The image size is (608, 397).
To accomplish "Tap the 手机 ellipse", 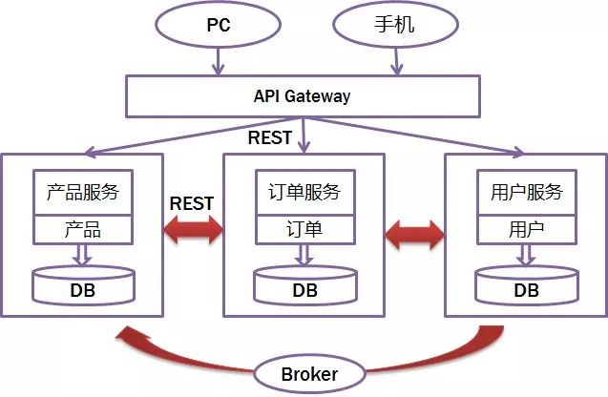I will click(x=390, y=25).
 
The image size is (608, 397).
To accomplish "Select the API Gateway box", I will click(x=303, y=95).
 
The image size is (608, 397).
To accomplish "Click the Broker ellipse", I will click(x=309, y=373).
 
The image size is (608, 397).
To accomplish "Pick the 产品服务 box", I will click(x=83, y=193).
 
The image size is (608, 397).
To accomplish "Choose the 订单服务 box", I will click(x=304, y=193).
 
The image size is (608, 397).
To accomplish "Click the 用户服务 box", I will click(x=526, y=193).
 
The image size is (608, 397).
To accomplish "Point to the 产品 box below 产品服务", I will click(x=83, y=230).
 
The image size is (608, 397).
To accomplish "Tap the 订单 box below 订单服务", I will click(x=304, y=230).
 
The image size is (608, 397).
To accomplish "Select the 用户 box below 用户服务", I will click(x=526, y=230).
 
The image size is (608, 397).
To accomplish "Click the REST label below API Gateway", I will click(x=270, y=138).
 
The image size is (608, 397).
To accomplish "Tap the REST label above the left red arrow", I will click(x=192, y=203).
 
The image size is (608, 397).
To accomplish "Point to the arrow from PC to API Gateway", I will click(x=218, y=62).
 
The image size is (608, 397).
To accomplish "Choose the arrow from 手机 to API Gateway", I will click(x=394, y=62).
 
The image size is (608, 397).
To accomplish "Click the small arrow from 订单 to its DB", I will click(x=304, y=254).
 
